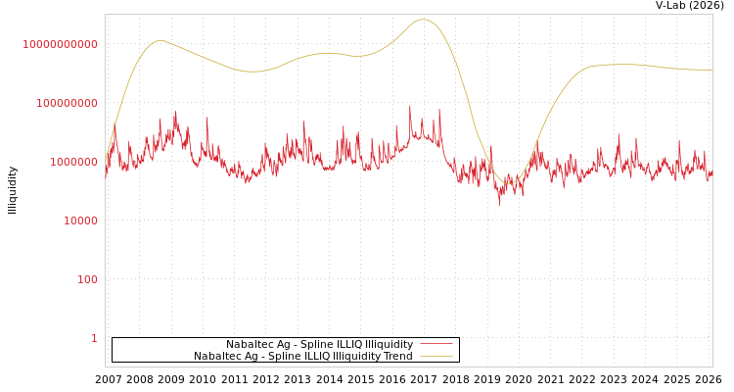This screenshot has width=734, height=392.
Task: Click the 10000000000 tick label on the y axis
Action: [x=61, y=44]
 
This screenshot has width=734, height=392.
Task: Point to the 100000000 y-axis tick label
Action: [x=67, y=103]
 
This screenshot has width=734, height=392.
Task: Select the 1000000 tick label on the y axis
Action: [x=72, y=162]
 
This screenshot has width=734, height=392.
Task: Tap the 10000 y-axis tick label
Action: [x=80, y=220]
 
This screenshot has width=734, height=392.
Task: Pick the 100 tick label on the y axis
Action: [x=87, y=279]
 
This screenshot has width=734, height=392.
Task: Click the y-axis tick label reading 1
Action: [x=94, y=338]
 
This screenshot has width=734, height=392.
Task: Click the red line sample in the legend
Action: [x=436, y=344]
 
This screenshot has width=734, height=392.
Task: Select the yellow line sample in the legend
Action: [x=436, y=356]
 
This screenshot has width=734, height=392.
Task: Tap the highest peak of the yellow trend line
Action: [x=423, y=20]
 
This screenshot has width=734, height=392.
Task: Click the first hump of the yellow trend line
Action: [x=160, y=40]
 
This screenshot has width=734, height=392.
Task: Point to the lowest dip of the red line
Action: [x=499, y=205]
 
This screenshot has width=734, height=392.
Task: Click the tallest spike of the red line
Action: [x=410, y=106]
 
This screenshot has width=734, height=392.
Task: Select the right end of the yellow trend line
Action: [x=711, y=70]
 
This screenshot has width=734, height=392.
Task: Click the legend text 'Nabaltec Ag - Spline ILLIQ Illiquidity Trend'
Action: [x=302, y=356]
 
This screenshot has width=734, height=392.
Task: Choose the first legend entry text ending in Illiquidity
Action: [x=319, y=344]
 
